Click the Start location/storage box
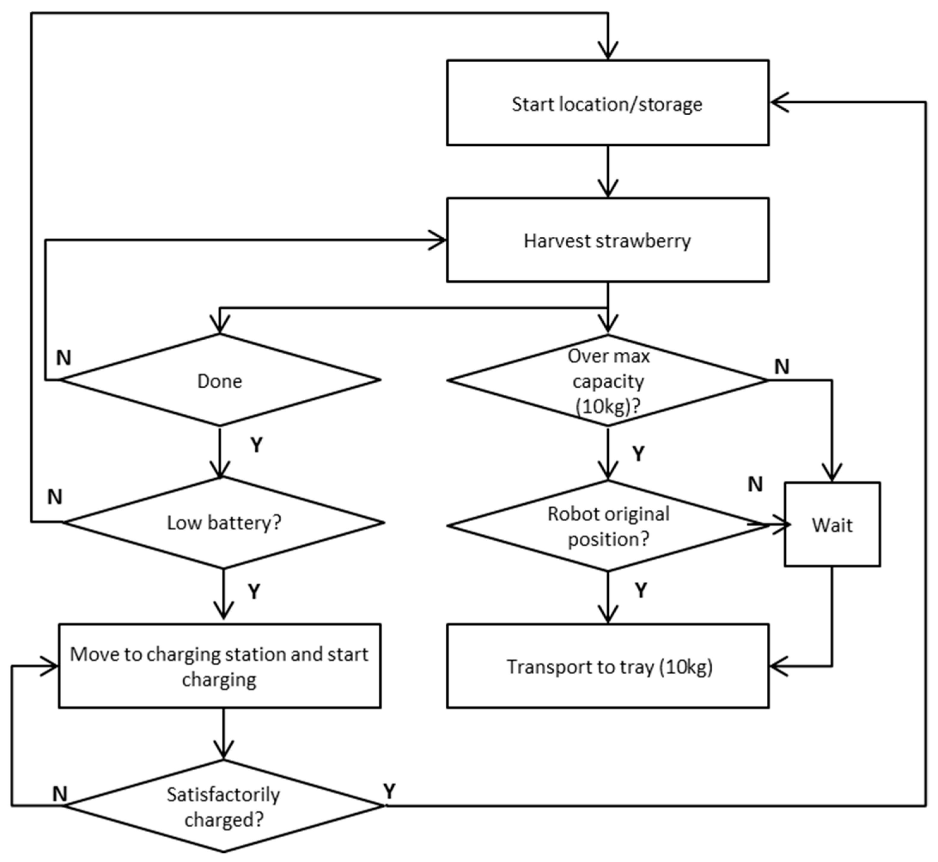[607, 103]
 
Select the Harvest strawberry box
[607, 240]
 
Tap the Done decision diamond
[220, 380]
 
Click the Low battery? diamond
[223, 522]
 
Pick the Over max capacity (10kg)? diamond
[607, 380]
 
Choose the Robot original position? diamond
[607, 526]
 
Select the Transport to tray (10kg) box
[607, 666]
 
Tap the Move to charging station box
[219, 666]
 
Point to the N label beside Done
[64, 358]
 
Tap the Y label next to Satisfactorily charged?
[389, 791]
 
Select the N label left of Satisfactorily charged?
[60, 793]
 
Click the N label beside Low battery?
[55, 497]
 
